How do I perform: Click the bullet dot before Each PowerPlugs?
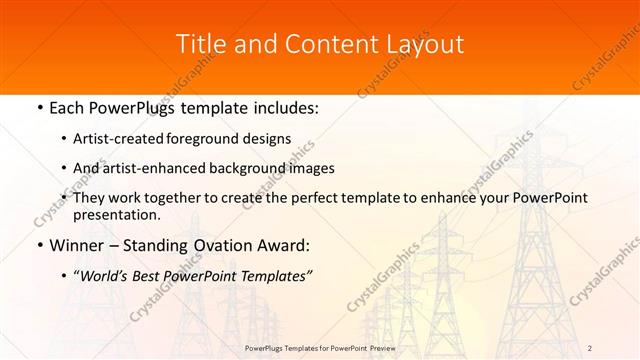coord(38,108)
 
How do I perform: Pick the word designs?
coord(269,139)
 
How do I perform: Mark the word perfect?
coord(316,198)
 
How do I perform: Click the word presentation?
coord(116,215)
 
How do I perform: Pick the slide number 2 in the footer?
coord(590,348)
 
